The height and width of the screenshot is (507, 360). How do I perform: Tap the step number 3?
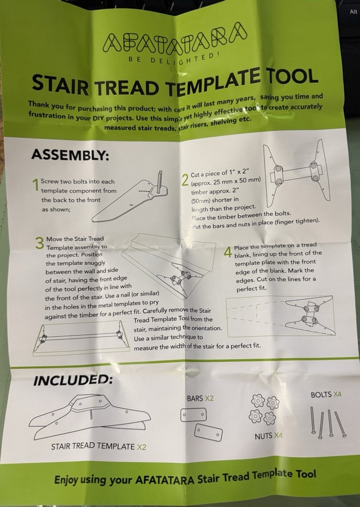40,243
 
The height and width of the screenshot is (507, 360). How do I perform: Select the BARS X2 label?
200,399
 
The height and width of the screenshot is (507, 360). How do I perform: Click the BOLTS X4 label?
328,394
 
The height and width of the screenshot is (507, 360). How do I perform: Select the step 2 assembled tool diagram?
295,177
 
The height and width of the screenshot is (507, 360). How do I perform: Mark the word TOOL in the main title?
291,78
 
